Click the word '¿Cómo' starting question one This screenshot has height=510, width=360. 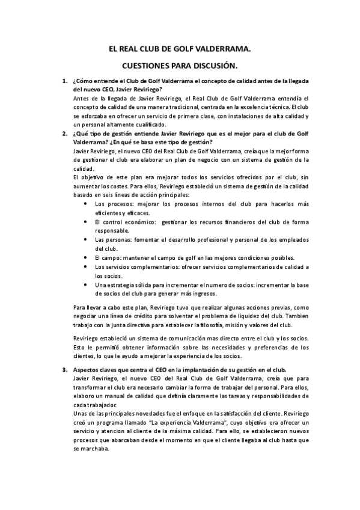click(81, 81)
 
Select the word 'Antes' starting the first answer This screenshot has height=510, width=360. click(80, 98)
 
